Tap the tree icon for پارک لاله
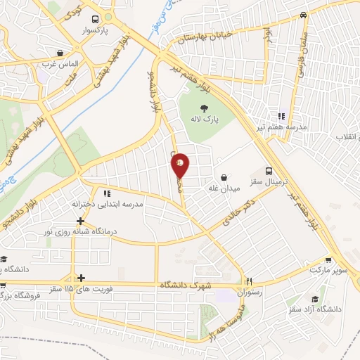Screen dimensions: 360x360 (205, 108)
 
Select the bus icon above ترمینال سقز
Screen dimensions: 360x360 (269, 170)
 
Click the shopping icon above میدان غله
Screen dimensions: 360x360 (224, 177)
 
